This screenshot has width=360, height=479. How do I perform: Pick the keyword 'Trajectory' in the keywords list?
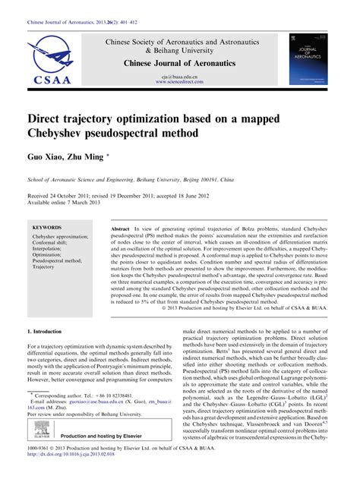[45, 267]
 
